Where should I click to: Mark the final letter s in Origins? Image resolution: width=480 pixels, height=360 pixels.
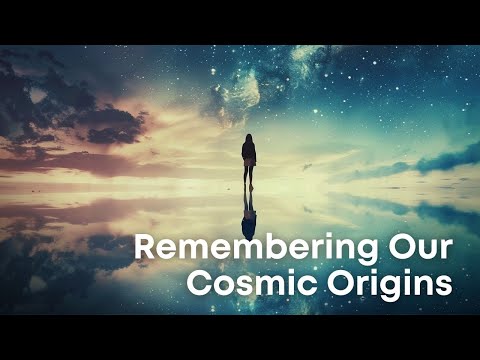pyautogui.click(x=445, y=285)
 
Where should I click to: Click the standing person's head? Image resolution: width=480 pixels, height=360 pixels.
pyautogui.click(x=249, y=139)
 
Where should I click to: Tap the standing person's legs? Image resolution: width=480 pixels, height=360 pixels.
pyautogui.click(x=249, y=176)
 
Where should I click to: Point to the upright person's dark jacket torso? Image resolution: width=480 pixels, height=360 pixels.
pyautogui.click(x=249, y=154)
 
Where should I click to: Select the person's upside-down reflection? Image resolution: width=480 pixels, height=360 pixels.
pyautogui.click(x=249, y=215)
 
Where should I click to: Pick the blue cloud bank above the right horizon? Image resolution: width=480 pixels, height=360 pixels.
pyautogui.click(x=440, y=160)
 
